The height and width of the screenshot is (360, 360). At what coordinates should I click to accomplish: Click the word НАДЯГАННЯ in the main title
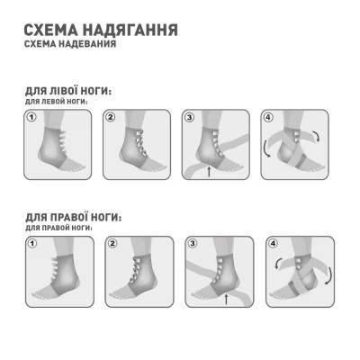point(128,29)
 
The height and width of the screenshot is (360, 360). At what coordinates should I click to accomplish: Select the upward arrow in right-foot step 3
point(227,296)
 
